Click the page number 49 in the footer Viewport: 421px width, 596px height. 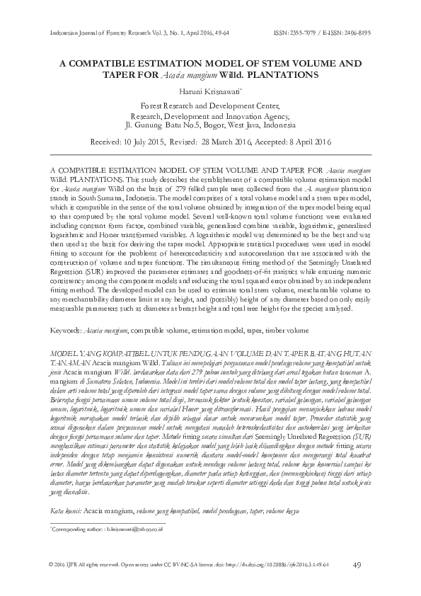357,564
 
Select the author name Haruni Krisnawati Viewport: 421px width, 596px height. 209,91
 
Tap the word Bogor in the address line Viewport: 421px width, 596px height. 202,127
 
